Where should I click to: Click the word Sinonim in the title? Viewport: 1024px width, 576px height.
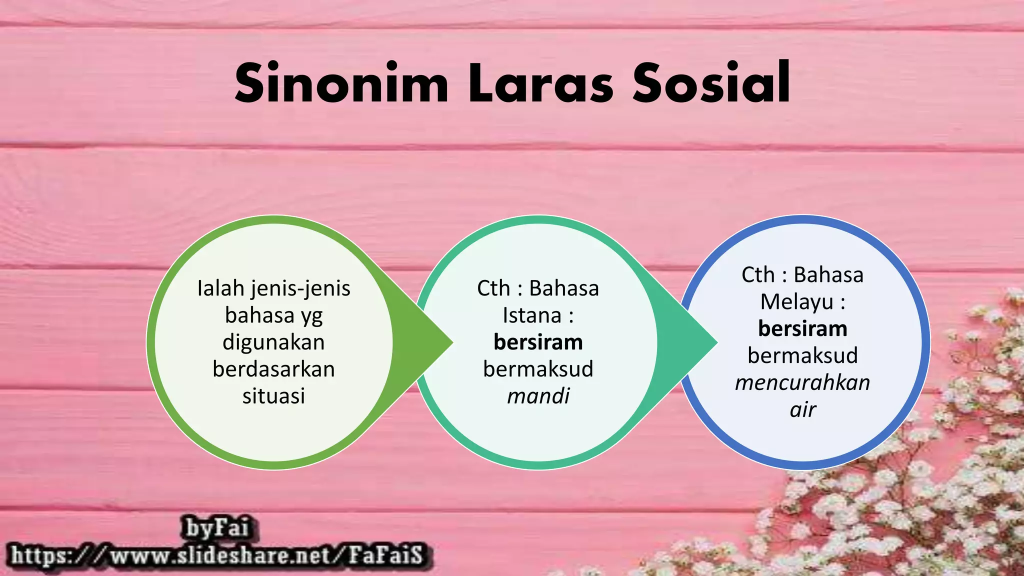pyautogui.click(x=341, y=83)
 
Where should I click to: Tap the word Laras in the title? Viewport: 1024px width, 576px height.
pyautogui.click(x=540, y=83)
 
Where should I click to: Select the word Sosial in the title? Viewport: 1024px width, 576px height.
pyautogui.click(x=711, y=83)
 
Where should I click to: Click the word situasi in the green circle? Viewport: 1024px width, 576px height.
pyautogui.click(x=273, y=396)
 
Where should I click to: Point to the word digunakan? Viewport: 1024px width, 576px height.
pyautogui.click(x=273, y=342)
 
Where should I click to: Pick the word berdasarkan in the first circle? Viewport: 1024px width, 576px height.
pyautogui.click(x=273, y=369)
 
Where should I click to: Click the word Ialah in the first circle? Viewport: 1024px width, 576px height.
pyautogui.click(x=221, y=288)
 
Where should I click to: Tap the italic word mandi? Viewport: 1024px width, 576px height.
pyautogui.click(x=538, y=396)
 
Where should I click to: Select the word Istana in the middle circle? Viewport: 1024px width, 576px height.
pyautogui.click(x=531, y=315)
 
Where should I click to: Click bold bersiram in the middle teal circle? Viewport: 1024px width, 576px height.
pyautogui.click(x=538, y=342)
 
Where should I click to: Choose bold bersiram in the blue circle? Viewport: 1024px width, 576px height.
pyautogui.click(x=802, y=329)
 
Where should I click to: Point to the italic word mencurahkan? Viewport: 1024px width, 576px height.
pyautogui.click(x=802, y=383)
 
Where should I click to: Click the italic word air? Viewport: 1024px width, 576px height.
pyautogui.click(x=802, y=409)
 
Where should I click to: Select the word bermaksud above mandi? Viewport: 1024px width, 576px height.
pyautogui.click(x=538, y=369)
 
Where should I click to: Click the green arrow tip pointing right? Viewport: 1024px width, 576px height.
pyautogui.click(x=447, y=342)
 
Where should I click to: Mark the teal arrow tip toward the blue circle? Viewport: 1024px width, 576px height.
pyautogui.click(x=712, y=342)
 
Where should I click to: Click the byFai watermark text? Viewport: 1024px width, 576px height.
pyautogui.click(x=216, y=528)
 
